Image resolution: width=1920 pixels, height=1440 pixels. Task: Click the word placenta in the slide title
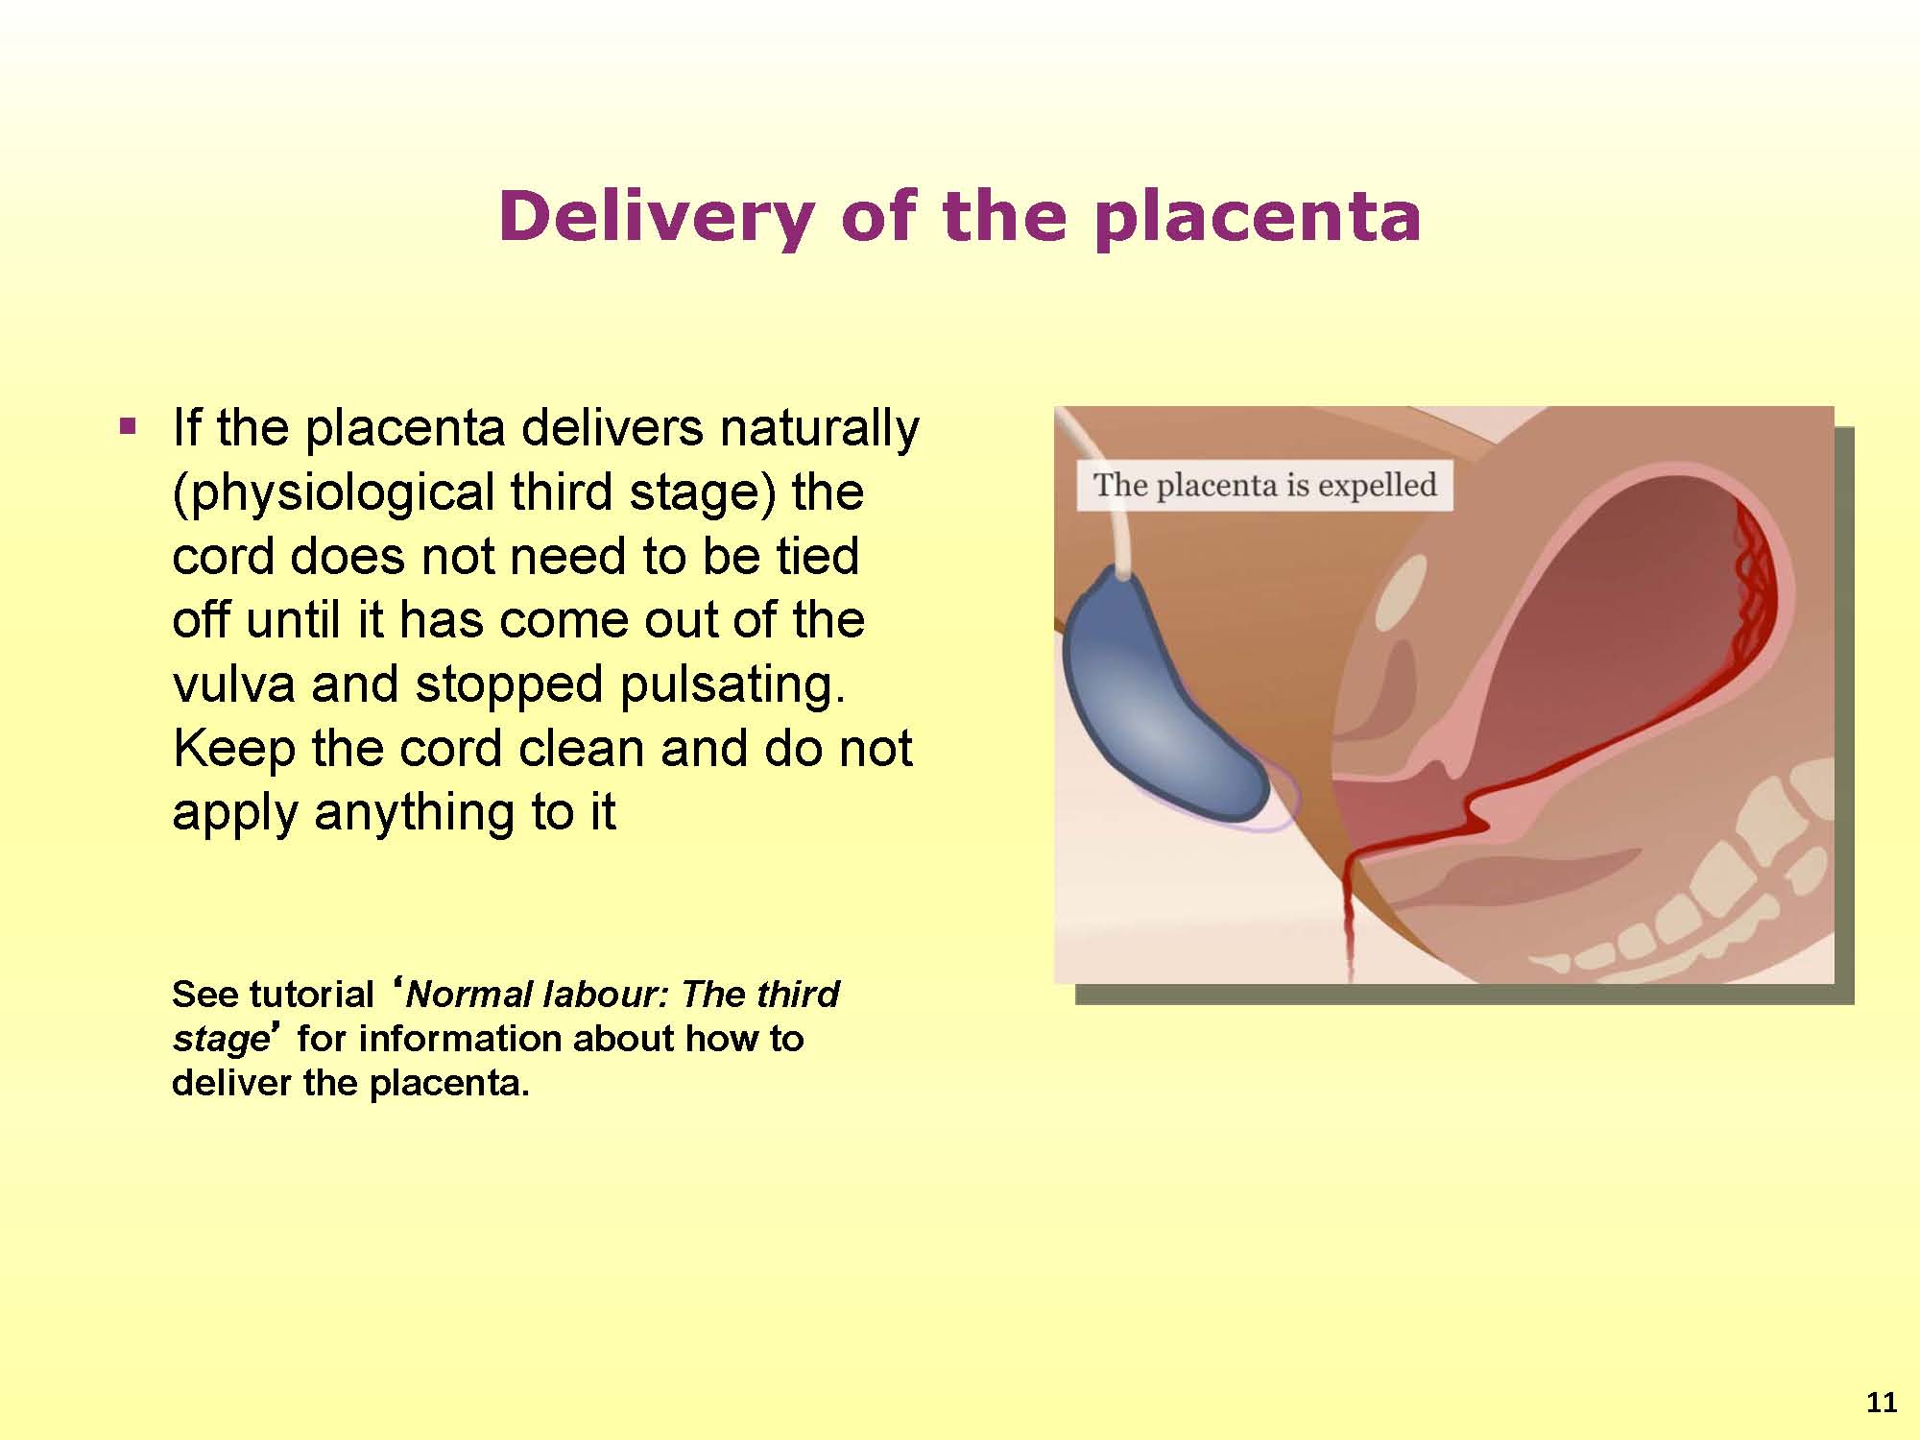[x=1258, y=218]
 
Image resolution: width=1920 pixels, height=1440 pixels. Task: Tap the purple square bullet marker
[x=127, y=425]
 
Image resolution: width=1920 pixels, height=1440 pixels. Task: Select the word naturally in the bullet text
[x=819, y=428]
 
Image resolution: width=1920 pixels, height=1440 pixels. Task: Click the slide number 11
[x=1882, y=1404]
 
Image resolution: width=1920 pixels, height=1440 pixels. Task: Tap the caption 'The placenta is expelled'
[x=1265, y=485]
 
